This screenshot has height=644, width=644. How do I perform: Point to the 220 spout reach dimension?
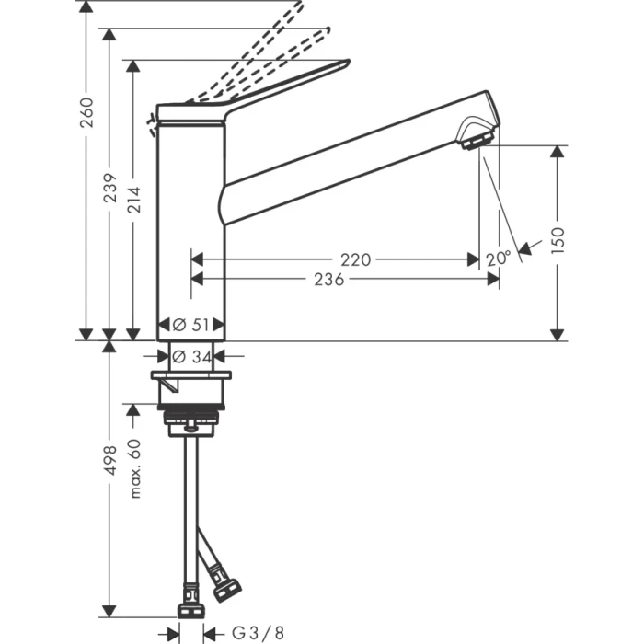[x=355, y=259]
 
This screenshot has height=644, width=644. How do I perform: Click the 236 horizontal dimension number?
[x=328, y=280]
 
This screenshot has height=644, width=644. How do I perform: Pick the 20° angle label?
[x=498, y=259]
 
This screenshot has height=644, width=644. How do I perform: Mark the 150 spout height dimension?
[x=558, y=239]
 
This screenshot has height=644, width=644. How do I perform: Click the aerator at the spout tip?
[x=477, y=140]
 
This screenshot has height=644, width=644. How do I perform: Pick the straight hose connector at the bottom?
[x=190, y=608]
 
